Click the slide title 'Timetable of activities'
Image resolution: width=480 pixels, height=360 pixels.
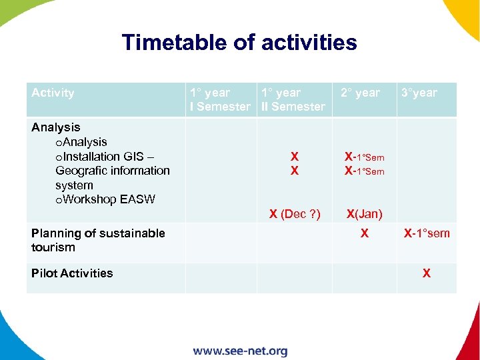(x=239, y=43)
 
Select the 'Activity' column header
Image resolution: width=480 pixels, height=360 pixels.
(x=53, y=93)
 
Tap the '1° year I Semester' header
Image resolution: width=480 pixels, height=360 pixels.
(x=219, y=99)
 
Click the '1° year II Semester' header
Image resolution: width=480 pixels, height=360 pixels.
(x=293, y=99)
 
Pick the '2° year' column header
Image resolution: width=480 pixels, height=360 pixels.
(x=360, y=93)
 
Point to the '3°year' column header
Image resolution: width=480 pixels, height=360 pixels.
(x=419, y=93)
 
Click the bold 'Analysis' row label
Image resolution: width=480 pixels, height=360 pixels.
(x=56, y=127)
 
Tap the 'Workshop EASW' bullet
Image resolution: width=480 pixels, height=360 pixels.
(x=105, y=199)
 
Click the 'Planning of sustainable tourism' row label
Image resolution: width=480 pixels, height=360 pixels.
(x=98, y=240)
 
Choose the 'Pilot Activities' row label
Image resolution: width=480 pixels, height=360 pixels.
(x=72, y=273)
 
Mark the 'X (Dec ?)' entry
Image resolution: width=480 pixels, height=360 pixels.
(x=295, y=214)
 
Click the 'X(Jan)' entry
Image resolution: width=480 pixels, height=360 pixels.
(x=364, y=214)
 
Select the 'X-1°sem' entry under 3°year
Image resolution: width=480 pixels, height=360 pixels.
(x=427, y=233)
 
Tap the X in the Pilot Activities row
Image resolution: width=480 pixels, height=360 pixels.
(x=427, y=273)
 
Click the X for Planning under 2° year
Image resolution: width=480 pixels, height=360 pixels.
(x=364, y=233)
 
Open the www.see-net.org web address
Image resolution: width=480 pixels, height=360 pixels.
(x=240, y=351)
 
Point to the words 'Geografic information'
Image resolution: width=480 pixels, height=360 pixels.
(x=113, y=171)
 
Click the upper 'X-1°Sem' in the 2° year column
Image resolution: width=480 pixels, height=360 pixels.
(x=364, y=157)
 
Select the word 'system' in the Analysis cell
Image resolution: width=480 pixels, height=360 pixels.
(x=74, y=185)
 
